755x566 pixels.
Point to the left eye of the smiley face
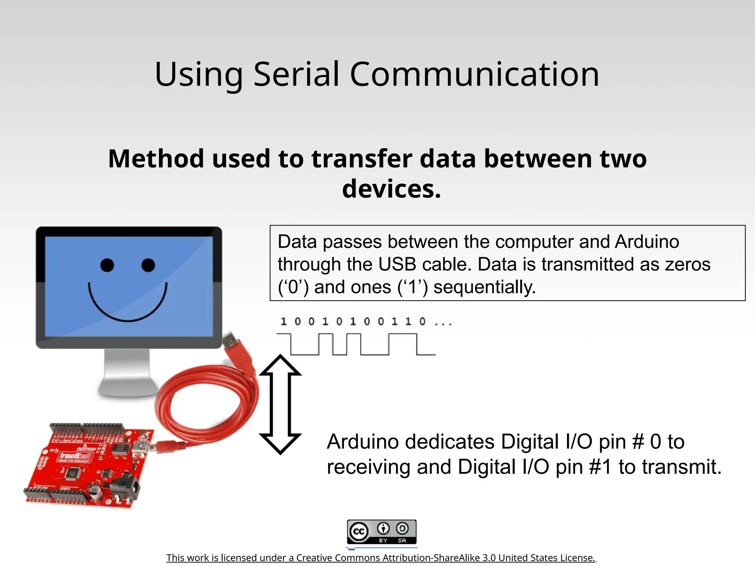(x=107, y=265)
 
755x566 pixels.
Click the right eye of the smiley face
(x=148, y=265)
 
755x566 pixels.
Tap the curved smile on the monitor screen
(x=128, y=308)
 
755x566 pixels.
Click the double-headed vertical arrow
(x=280, y=404)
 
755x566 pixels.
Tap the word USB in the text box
(x=397, y=264)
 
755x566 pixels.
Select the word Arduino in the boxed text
(x=647, y=242)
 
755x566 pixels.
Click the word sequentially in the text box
(x=484, y=287)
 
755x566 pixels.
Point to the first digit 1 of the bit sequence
(x=283, y=322)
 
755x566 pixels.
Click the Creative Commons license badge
(x=382, y=532)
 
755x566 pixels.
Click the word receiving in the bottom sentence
(x=368, y=467)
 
